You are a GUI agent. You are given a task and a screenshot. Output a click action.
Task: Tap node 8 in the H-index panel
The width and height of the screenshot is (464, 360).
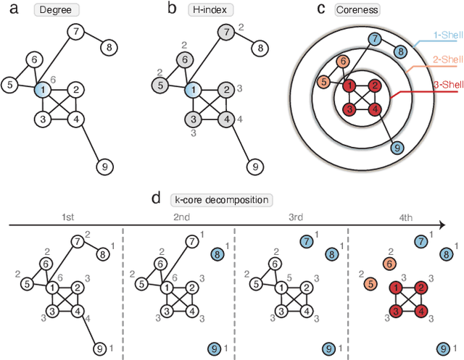point(257,49)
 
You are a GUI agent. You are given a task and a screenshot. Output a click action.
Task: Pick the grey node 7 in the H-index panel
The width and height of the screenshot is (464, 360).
point(226,32)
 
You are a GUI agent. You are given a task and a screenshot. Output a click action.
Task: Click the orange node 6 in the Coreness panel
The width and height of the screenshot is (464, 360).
point(342,63)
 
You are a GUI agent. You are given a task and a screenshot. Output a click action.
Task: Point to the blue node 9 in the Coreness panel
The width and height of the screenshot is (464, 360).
point(397,149)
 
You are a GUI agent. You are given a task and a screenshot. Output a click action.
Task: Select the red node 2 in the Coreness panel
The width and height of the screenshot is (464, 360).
point(374,86)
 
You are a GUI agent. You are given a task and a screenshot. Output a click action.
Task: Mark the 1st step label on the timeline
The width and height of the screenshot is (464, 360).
point(67,217)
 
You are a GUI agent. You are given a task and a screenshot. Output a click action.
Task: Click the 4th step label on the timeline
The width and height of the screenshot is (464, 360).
point(407,217)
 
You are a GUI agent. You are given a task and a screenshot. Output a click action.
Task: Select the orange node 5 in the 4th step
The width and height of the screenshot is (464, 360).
point(370,283)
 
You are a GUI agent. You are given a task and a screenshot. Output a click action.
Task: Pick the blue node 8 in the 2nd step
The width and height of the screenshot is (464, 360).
point(215,254)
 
